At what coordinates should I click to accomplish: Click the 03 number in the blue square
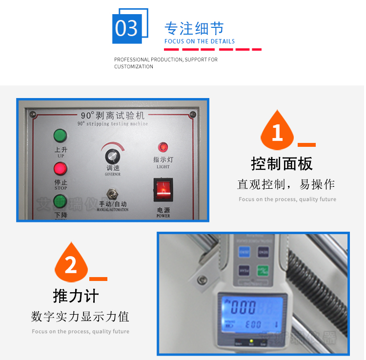127,28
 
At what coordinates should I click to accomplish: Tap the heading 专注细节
194,28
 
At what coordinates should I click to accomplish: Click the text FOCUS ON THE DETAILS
200,41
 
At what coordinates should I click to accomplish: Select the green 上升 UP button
60,135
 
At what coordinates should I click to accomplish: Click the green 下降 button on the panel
60,201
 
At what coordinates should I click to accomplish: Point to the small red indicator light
163,146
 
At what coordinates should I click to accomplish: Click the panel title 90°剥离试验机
113,116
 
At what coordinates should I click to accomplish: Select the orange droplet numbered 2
71,265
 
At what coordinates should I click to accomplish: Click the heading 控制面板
282,163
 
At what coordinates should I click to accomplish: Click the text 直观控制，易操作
286,184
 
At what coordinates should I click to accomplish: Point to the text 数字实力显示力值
80,317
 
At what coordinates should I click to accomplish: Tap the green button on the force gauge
264,271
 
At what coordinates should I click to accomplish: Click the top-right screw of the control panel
192,115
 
